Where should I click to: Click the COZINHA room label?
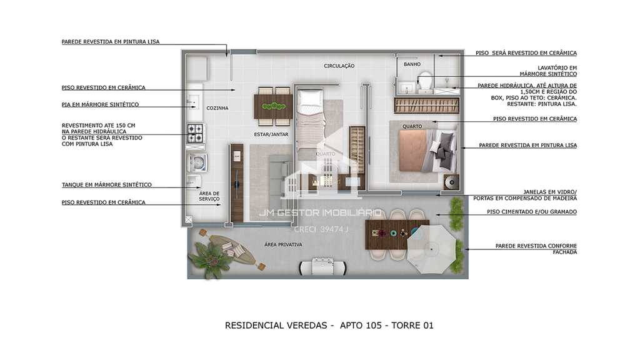[x=217, y=108]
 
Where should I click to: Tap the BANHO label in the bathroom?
[x=412, y=64]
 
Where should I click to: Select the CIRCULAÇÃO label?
[x=339, y=66]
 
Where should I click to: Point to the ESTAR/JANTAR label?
[x=271, y=134]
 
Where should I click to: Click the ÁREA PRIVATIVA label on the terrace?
[x=283, y=244]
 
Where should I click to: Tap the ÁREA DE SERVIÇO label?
[x=209, y=196]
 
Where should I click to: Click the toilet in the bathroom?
[x=425, y=82]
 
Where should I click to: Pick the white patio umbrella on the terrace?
[x=431, y=249]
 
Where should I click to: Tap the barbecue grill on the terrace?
[x=323, y=266]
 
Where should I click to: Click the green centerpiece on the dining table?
[x=274, y=106]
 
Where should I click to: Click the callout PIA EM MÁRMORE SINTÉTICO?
[x=100, y=104]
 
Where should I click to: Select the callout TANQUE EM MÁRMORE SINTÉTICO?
[x=106, y=185]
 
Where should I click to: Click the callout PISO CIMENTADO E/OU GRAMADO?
[x=532, y=212]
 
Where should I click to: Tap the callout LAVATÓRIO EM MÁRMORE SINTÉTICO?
[x=548, y=71]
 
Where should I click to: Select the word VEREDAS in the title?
[x=307, y=325]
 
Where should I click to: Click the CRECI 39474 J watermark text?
[x=321, y=229]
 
